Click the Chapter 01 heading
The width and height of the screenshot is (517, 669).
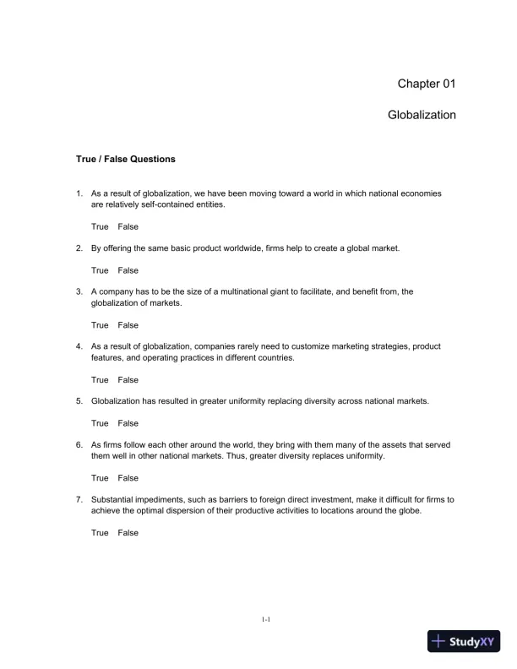click(x=427, y=84)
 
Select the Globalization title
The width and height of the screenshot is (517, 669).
click(x=422, y=115)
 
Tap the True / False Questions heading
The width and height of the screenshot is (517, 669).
click(x=126, y=158)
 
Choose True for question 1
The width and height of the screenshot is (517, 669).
click(x=100, y=226)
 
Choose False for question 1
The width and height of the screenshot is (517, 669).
click(x=128, y=226)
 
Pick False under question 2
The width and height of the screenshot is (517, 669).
click(x=128, y=270)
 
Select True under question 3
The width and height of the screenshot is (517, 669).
click(x=100, y=325)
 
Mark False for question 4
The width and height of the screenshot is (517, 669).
click(x=128, y=379)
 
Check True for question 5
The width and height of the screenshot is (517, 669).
click(x=100, y=423)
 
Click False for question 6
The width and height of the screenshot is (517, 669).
click(x=128, y=478)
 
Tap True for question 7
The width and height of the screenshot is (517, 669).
click(x=100, y=533)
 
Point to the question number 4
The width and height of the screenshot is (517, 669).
click(x=79, y=346)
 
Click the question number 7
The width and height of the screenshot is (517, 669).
click(x=79, y=500)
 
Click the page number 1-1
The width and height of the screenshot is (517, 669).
click(x=265, y=620)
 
